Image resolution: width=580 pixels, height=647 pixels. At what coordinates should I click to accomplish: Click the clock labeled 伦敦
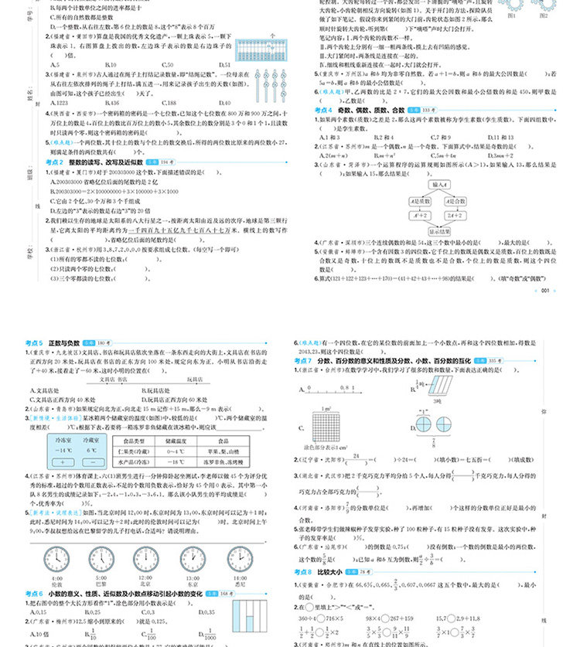(x=56, y=558)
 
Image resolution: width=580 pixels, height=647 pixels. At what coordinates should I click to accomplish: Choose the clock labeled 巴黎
(x=101, y=558)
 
